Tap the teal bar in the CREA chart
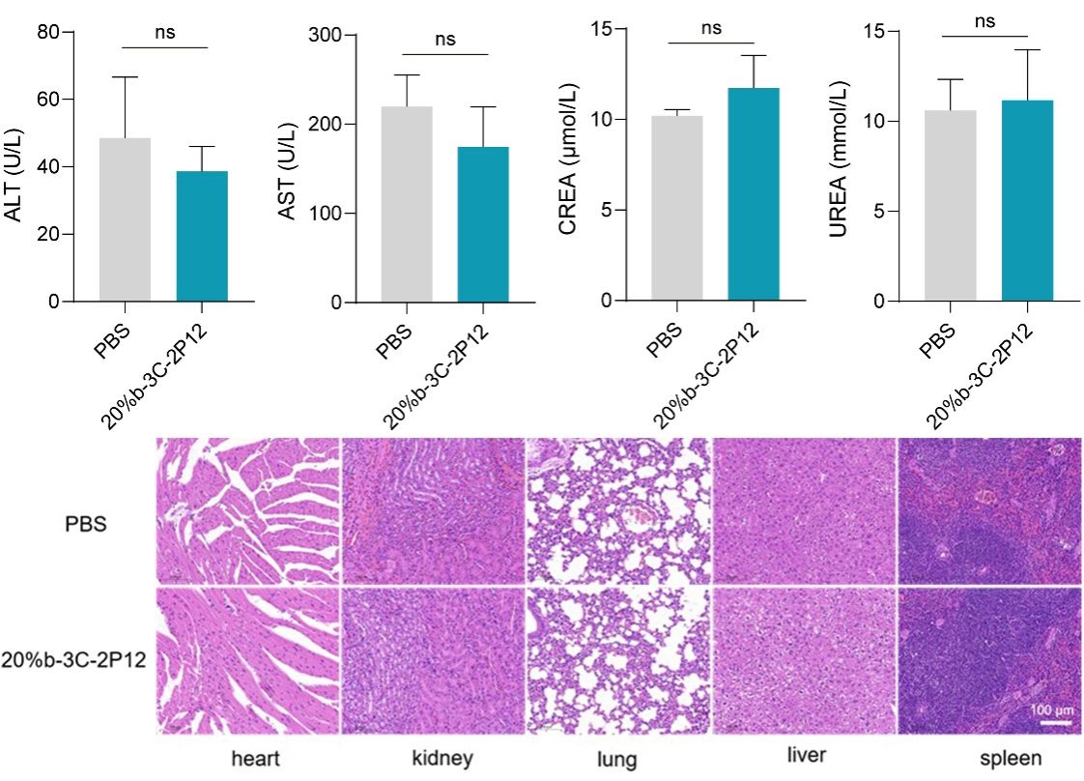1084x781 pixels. click(754, 194)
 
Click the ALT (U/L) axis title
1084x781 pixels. click(14, 167)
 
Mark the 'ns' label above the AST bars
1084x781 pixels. click(444, 40)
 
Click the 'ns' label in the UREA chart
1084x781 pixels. click(984, 21)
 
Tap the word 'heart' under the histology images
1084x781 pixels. click(255, 759)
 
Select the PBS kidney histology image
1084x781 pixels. click(433, 510)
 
